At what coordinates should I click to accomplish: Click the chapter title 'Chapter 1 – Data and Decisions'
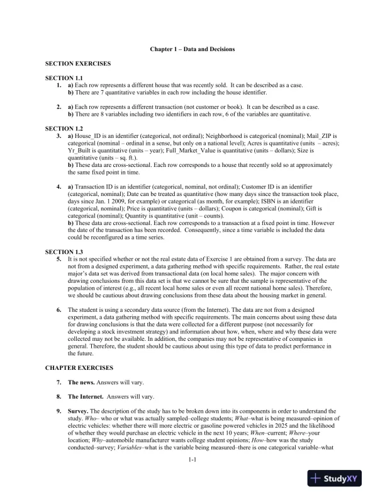(192, 49)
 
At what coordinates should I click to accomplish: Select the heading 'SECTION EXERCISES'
(78, 64)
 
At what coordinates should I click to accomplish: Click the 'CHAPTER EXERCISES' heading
(79, 367)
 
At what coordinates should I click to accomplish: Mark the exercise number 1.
(59, 84)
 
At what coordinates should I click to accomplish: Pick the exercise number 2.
(59, 107)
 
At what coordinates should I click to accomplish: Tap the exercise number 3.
(59, 135)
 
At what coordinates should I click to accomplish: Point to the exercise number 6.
(59, 310)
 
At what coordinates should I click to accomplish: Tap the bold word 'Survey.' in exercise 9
(79, 411)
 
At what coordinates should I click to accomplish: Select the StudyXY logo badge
(340, 479)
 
